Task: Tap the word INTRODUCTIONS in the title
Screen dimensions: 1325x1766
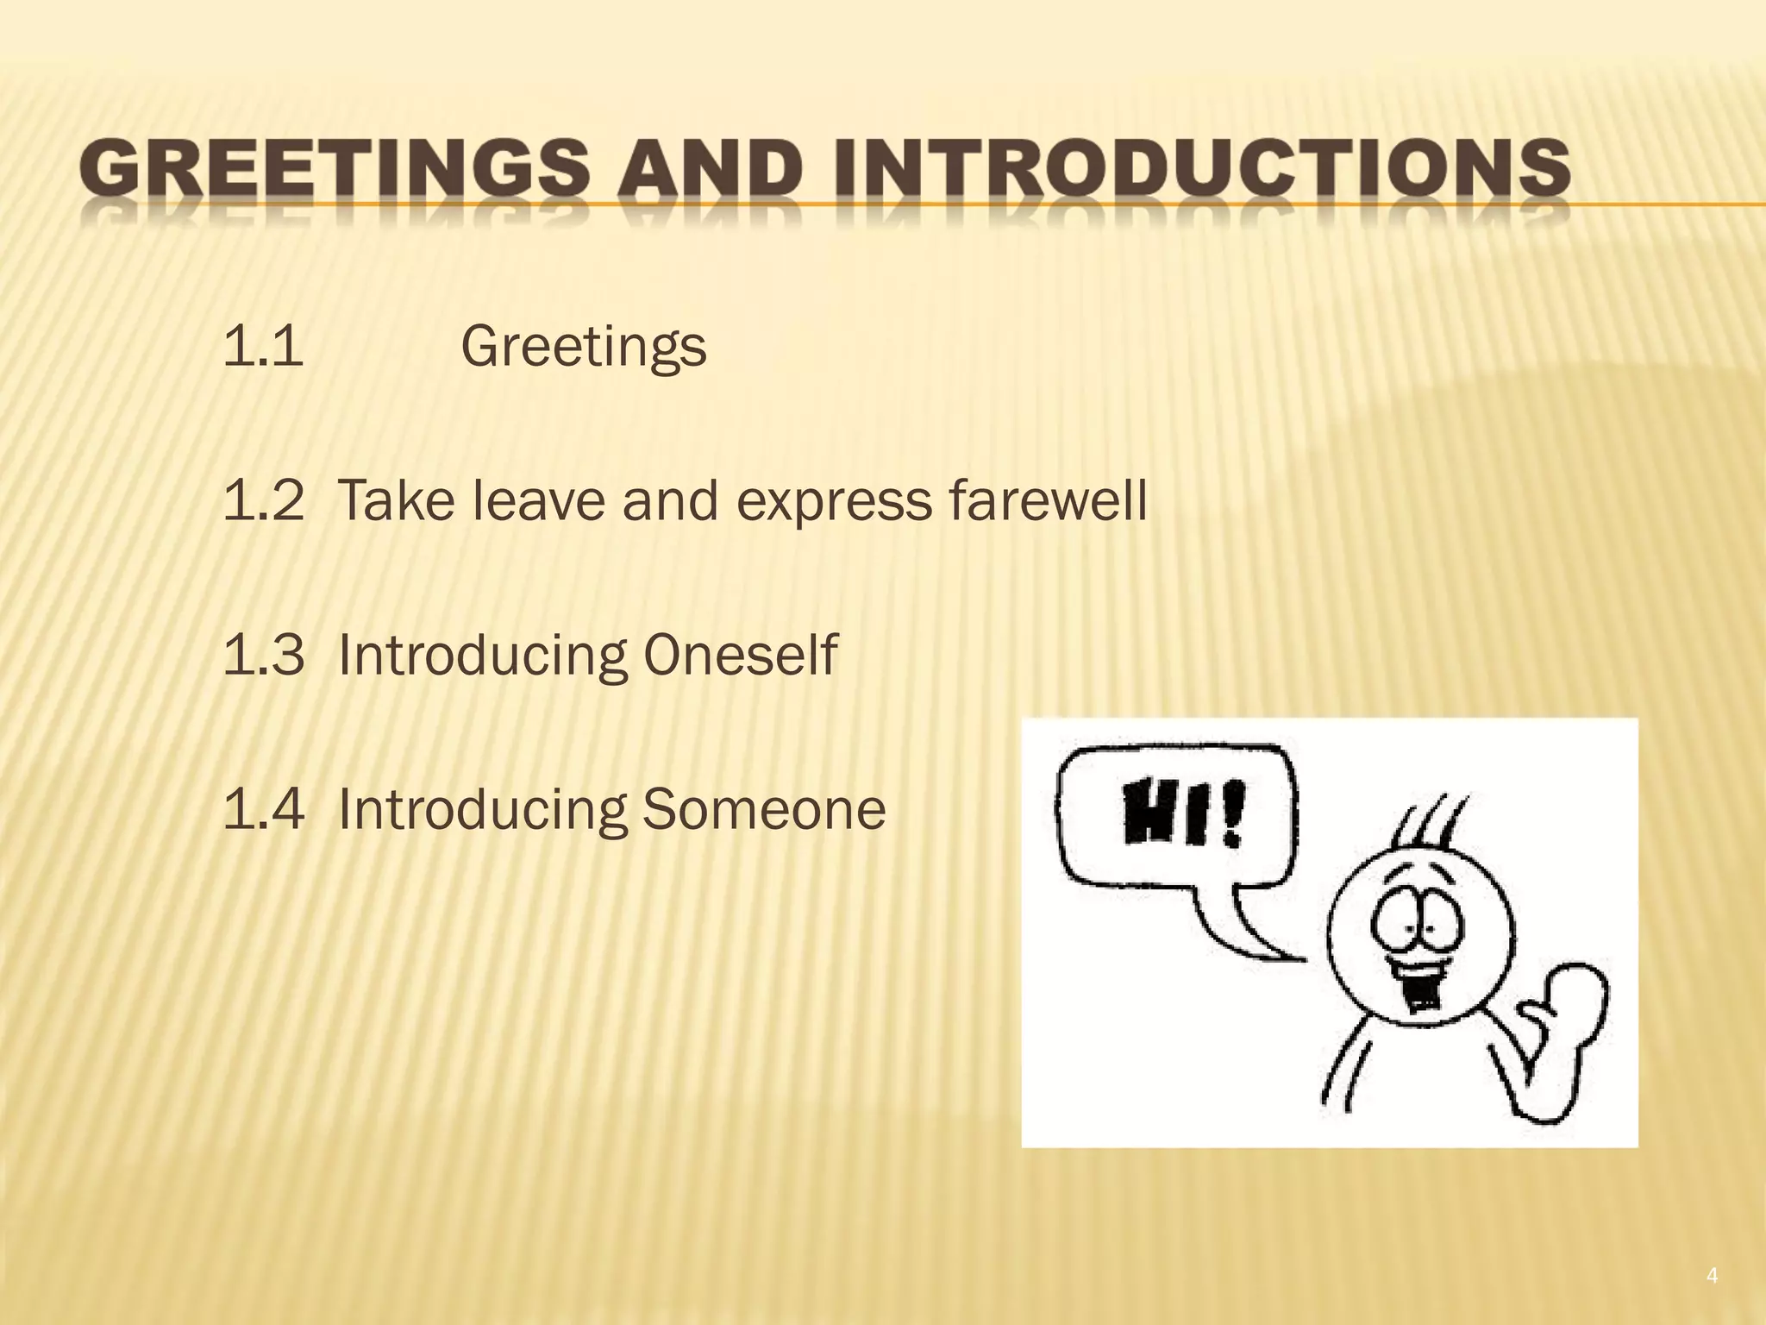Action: pos(1199,168)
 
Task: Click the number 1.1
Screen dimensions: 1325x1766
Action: pos(263,347)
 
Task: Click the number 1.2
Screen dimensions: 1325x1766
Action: pos(263,501)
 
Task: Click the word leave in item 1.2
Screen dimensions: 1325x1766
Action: pos(538,501)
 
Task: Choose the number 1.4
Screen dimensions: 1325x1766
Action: pos(263,810)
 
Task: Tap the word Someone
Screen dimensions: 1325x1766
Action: pos(764,810)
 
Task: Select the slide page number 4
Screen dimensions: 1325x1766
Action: pos(1712,1276)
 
